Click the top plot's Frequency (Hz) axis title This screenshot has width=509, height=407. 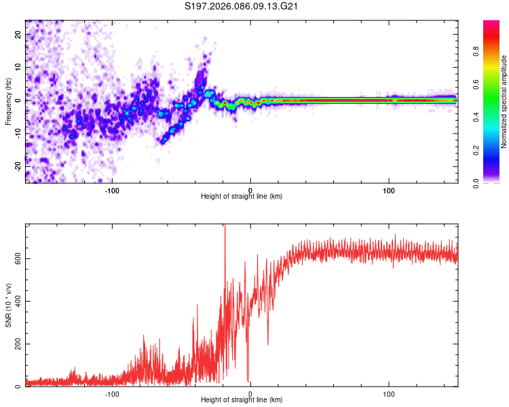8,102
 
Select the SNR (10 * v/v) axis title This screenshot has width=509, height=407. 8,305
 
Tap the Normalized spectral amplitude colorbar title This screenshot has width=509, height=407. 504,102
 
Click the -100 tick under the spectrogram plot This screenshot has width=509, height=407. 112,189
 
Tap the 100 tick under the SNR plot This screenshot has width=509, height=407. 389,393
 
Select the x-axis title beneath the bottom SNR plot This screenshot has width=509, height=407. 242,402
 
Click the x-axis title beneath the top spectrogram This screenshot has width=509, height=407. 242,197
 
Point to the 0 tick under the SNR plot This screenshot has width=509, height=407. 250,393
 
